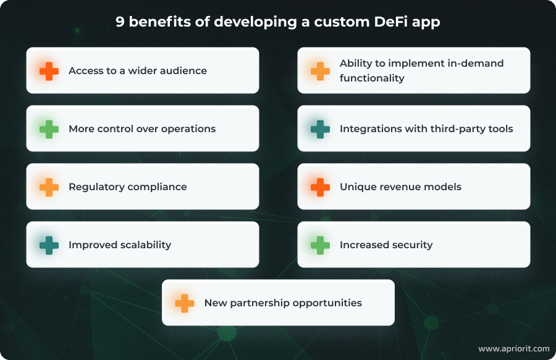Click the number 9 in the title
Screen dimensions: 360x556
click(x=120, y=22)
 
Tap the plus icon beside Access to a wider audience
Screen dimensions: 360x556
click(x=49, y=70)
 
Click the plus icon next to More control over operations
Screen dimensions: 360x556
click(x=49, y=128)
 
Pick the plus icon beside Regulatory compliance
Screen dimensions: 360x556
click(x=49, y=186)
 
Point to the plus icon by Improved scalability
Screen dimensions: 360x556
click(x=49, y=245)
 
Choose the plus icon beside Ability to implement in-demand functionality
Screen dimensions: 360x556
click(x=320, y=70)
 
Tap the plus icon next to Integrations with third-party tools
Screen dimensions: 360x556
click(x=320, y=128)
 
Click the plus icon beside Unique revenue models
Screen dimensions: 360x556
click(x=320, y=186)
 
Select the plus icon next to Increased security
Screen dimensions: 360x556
click(x=320, y=245)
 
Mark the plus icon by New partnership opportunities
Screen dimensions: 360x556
click(x=184, y=303)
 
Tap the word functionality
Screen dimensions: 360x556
click(x=372, y=78)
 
